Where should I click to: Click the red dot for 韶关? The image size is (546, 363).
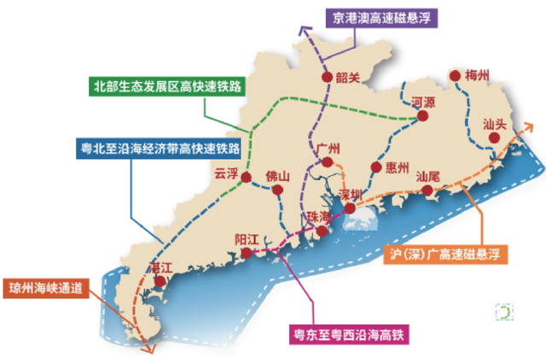pyautogui.click(x=327, y=78)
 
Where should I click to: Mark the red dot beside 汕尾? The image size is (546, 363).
pyautogui.click(x=438, y=191)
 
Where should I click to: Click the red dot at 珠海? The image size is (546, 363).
pyautogui.click(x=321, y=231)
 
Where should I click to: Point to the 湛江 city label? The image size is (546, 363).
pyautogui.click(x=160, y=267)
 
